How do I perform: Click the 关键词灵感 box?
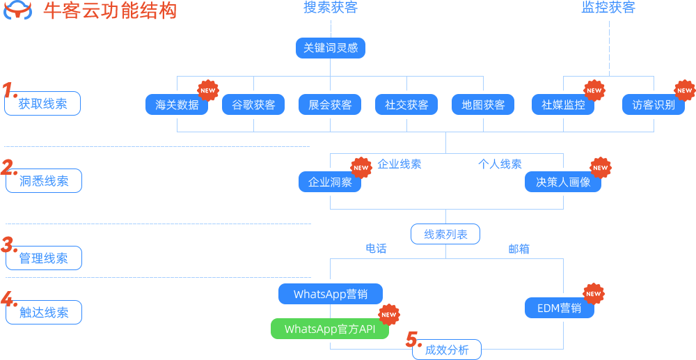(x=331, y=47)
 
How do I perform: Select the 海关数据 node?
(x=177, y=104)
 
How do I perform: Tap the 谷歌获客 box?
(x=253, y=104)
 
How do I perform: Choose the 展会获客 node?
(x=330, y=104)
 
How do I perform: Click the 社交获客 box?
(x=406, y=104)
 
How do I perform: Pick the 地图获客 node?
(x=483, y=104)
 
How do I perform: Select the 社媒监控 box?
(x=563, y=104)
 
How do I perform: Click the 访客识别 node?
(x=654, y=104)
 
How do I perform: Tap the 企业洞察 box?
(x=330, y=182)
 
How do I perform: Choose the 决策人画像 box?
(x=563, y=182)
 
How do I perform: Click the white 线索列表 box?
(x=445, y=234)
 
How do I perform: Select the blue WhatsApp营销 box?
(x=331, y=294)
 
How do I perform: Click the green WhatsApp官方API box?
(x=330, y=329)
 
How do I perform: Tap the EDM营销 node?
(x=559, y=308)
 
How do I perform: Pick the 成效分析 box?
(x=447, y=350)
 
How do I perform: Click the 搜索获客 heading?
(x=331, y=8)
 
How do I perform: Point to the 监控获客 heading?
(x=608, y=8)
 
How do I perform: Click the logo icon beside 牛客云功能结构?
(x=19, y=11)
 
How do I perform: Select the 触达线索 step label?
(x=43, y=313)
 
